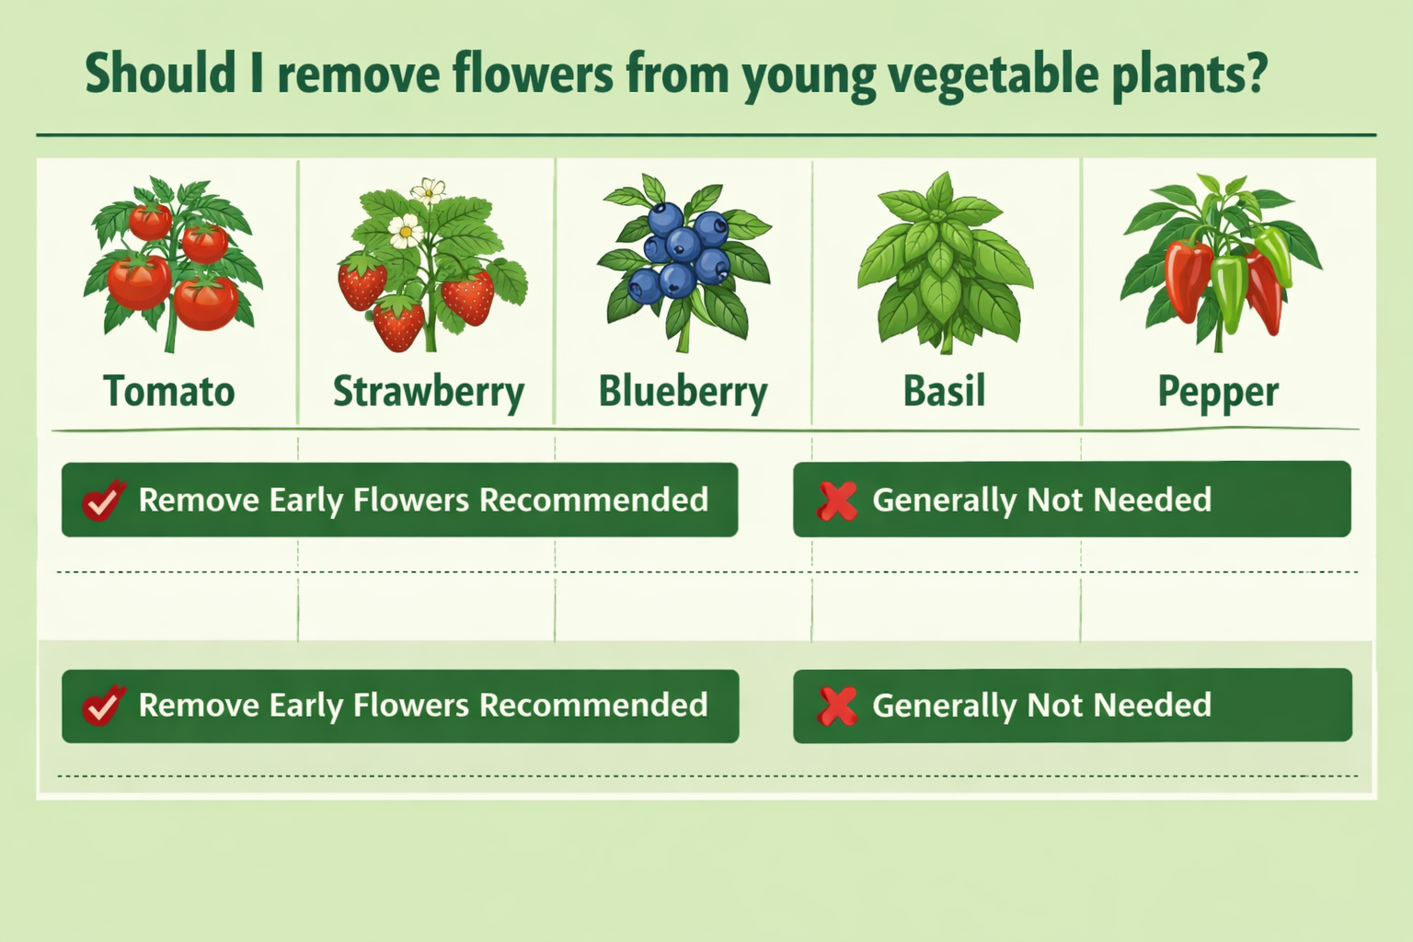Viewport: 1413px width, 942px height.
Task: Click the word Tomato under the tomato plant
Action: (169, 391)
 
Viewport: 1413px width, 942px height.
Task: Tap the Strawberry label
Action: (428, 392)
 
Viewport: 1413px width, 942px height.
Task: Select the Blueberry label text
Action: (683, 392)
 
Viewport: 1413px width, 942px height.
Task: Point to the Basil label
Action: (944, 391)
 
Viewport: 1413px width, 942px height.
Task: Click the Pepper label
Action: (1217, 392)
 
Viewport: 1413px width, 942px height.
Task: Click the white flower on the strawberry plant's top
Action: (428, 191)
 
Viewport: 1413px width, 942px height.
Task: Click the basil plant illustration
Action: (944, 262)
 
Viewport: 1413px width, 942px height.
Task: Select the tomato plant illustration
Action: (173, 267)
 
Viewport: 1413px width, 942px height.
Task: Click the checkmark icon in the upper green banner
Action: (102, 500)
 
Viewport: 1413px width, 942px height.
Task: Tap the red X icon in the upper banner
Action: (836, 500)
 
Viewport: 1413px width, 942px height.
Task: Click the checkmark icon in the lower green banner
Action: (102, 706)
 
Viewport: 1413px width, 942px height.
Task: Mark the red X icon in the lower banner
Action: (836, 706)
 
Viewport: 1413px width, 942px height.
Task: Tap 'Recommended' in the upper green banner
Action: (593, 500)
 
